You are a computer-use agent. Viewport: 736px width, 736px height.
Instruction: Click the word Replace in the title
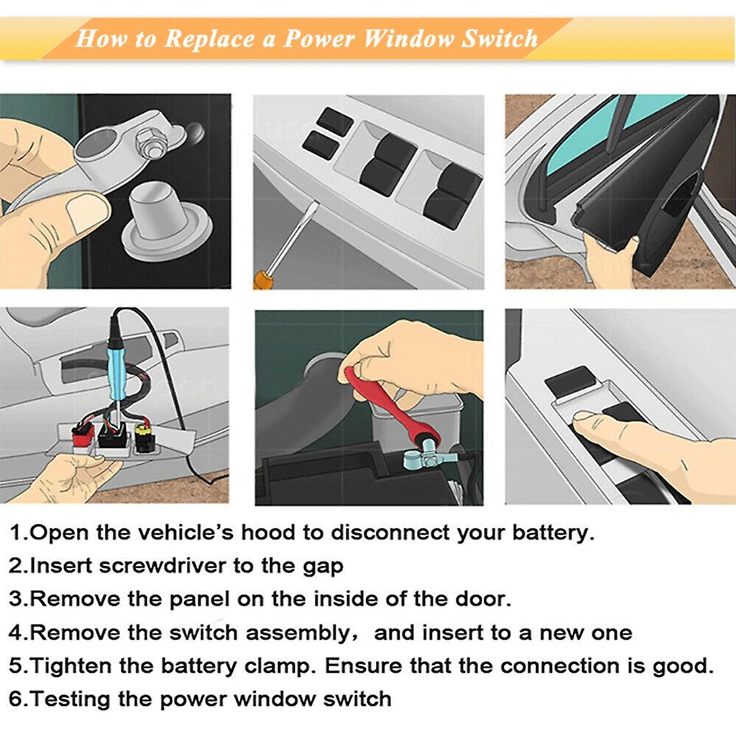pos(209,38)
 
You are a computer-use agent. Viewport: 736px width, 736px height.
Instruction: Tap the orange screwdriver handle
pos(263,279)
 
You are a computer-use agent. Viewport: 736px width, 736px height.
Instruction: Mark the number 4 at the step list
pos(17,632)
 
